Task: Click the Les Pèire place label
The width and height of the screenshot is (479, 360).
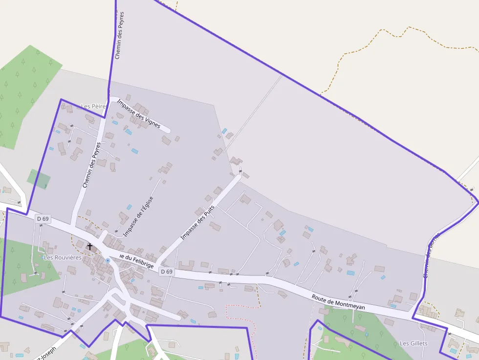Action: (x=93, y=106)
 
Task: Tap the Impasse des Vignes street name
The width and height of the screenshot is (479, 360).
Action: (x=139, y=114)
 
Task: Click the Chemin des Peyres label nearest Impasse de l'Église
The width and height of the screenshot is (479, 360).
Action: (x=91, y=165)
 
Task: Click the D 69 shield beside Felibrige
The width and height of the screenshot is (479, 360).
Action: (x=167, y=272)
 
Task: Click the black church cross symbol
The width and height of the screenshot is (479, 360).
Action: (x=90, y=247)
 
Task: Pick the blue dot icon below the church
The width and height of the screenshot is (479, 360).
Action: (x=108, y=261)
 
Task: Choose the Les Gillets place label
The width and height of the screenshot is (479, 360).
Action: (x=414, y=343)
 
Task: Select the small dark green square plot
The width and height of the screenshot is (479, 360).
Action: (x=39, y=179)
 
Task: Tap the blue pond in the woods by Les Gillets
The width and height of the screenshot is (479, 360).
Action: (x=366, y=334)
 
